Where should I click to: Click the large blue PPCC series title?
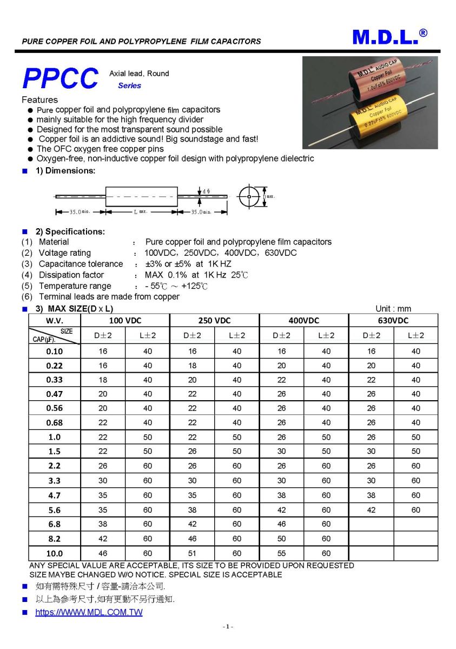[61, 79]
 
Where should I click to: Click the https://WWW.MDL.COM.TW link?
[89, 612]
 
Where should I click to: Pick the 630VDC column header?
[393, 320]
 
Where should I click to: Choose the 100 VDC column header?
[125, 320]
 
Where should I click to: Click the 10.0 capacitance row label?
[54, 553]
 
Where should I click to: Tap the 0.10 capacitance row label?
[54, 351]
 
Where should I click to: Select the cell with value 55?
[281, 553]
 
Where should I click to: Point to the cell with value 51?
[192, 553]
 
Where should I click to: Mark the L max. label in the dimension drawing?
[141, 212]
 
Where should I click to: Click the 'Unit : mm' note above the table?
[393, 309]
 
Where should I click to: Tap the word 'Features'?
[39, 100]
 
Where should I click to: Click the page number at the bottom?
[228, 626]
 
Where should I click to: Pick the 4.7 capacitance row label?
[54, 495]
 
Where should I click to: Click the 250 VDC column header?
[215, 320]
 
